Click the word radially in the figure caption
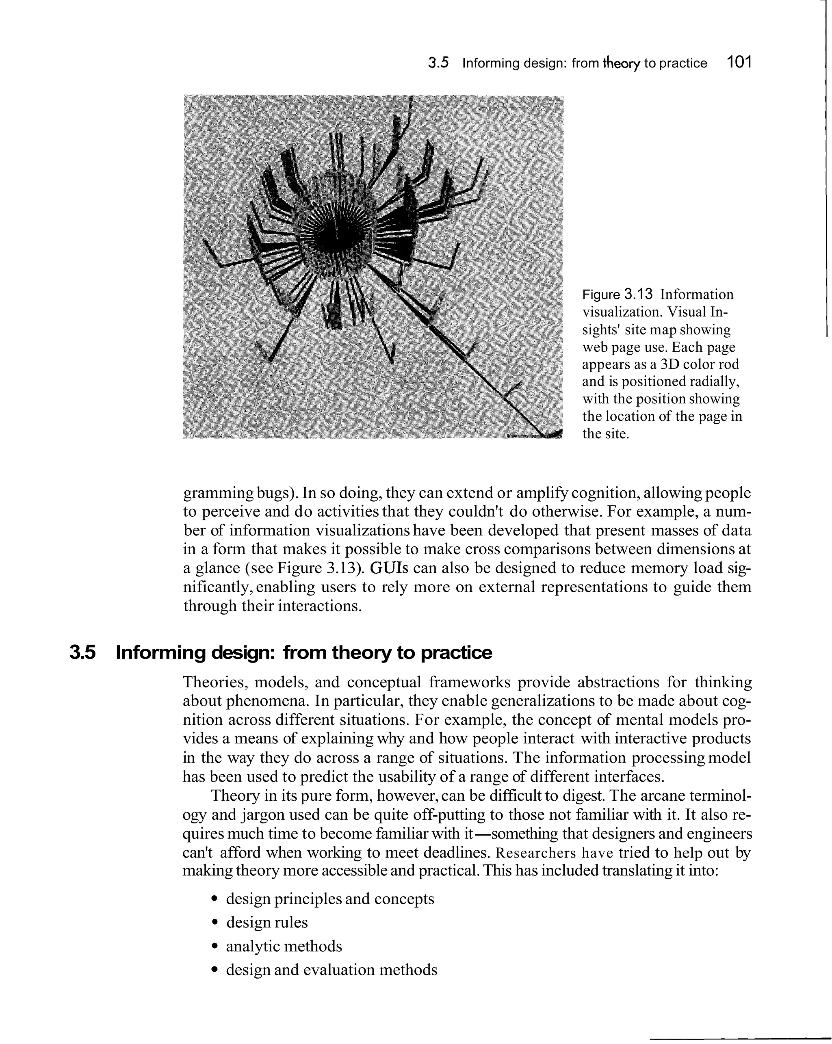pos(714,381)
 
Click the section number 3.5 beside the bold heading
pos(83,653)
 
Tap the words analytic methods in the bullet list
pos(284,946)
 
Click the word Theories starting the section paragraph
pos(214,682)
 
